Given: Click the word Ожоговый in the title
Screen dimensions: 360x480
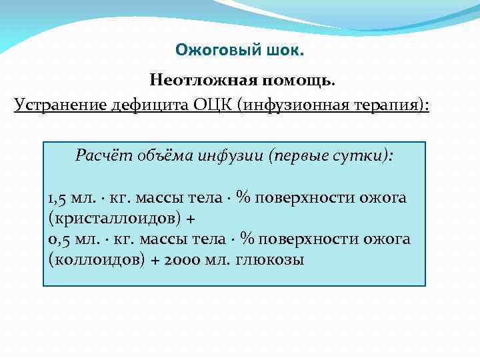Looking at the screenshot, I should [205, 50].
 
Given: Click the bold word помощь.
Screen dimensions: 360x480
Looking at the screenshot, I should [298, 81].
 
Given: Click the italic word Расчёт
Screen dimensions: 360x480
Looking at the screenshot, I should [100, 157].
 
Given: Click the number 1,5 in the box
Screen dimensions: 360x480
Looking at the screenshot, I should [58, 198].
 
